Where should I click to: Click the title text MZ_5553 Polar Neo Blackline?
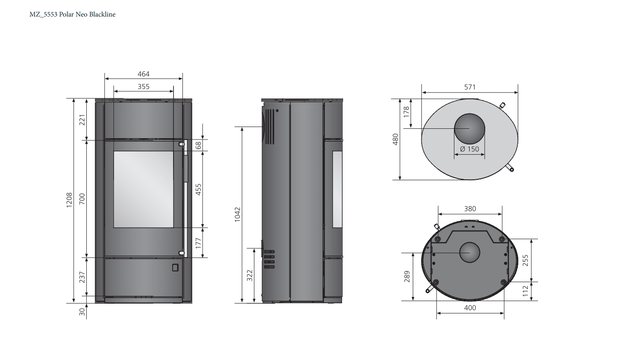[x=72, y=14]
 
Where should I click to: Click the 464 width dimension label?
[x=143, y=74]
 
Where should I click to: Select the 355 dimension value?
[x=143, y=86]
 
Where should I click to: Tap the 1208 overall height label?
[x=69, y=200]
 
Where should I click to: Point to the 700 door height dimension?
[x=82, y=199]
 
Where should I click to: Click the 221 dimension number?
[x=82, y=120]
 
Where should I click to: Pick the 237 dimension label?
[x=82, y=277]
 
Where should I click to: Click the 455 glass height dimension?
[x=198, y=190]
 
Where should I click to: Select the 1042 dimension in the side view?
[x=237, y=215]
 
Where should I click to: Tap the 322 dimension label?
[x=250, y=275]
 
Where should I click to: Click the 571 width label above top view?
[x=470, y=87]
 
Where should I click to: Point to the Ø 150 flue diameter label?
[x=470, y=149]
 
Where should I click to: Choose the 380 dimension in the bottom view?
[x=470, y=208]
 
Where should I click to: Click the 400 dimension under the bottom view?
[x=470, y=308]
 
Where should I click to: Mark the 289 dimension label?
[x=407, y=276]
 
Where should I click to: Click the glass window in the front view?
[x=144, y=189]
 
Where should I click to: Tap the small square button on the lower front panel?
[x=175, y=267]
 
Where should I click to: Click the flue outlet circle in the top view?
[x=470, y=128]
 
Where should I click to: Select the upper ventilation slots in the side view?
[x=270, y=127]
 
